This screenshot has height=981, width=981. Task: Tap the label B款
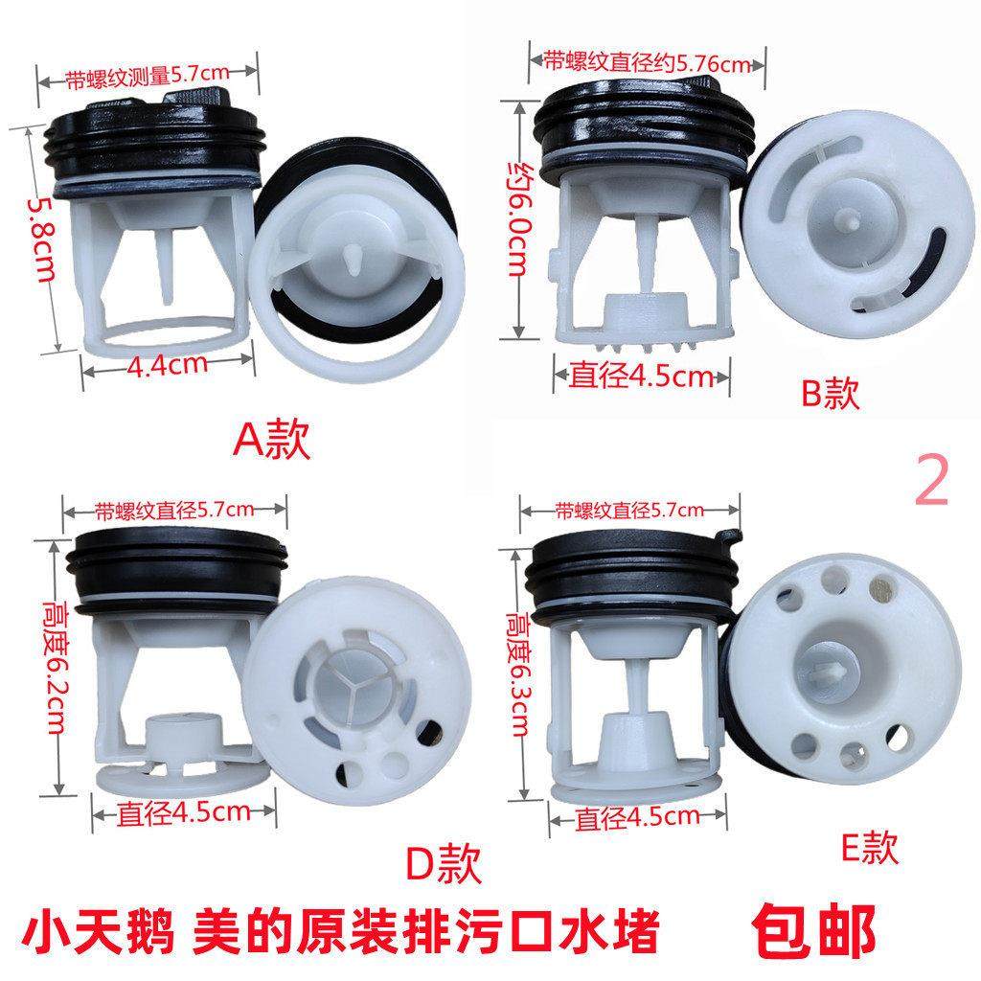coord(831,394)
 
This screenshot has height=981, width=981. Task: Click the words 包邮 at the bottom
coord(813,928)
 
